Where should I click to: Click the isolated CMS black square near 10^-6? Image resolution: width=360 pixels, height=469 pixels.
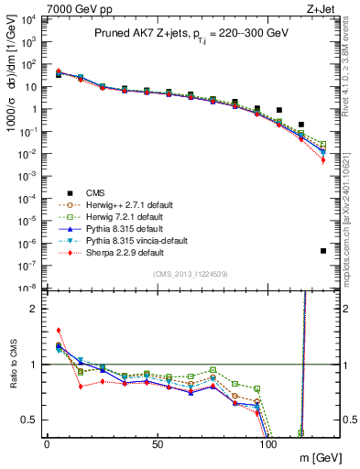click(323, 250)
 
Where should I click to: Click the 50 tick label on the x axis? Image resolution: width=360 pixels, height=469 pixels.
click(158, 444)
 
